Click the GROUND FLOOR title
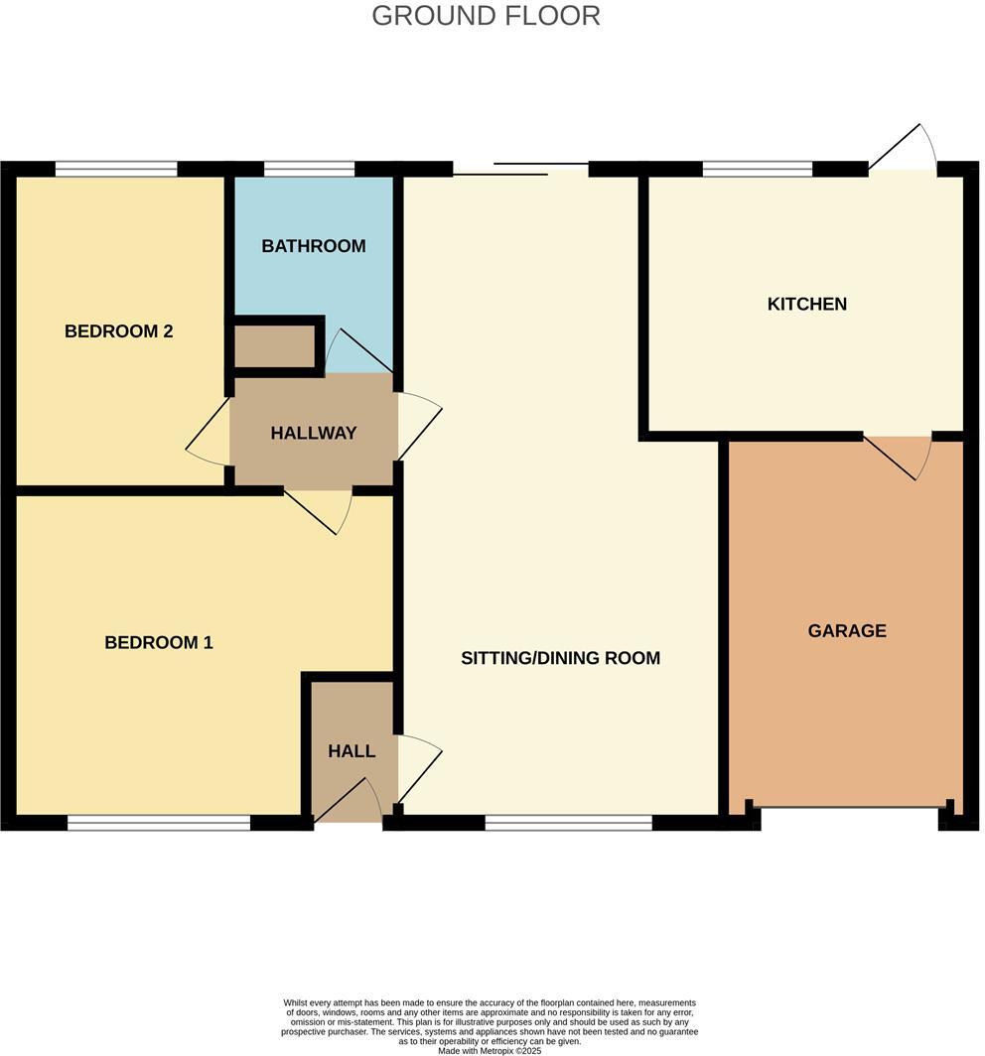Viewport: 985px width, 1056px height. (x=486, y=16)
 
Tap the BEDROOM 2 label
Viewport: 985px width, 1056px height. (x=119, y=331)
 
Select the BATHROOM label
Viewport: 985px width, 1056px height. (x=314, y=246)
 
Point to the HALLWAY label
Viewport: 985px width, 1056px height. (x=314, y=433)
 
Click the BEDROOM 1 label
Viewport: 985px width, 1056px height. (x=159, y=642)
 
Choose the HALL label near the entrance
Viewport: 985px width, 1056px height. (x=352, y=751)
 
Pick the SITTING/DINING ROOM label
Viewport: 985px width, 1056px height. (x=560, y=658)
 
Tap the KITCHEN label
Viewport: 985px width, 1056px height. (x=807, y=304)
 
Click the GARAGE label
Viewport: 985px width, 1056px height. (x=847, y=630)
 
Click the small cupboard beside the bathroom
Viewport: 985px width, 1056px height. (x=274, y=345)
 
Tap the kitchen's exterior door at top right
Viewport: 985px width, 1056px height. (x=904, y=150)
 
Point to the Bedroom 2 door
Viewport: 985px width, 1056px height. (x=208, y=437)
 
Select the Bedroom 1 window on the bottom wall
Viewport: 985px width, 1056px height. (x=159, y=822)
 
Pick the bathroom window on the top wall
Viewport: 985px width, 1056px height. (x=309, y=168)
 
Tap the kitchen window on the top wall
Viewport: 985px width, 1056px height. (x=757, y=168)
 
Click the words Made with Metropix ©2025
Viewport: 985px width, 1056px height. (x=489, y=1050)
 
